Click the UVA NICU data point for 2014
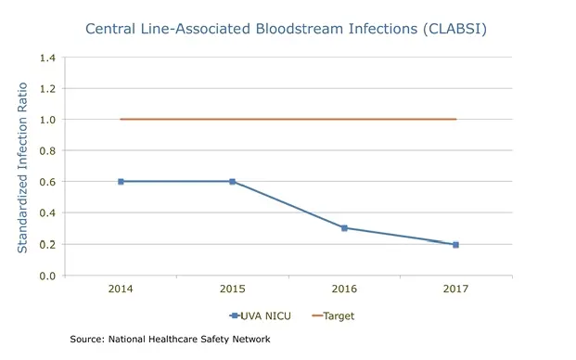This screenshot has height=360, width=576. pyautogui.click(x=121, y=182)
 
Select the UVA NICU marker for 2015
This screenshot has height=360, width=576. pyautogui.click(x=232, y=182)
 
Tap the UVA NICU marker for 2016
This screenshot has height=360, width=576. pyautogui.click(x=344, y=228)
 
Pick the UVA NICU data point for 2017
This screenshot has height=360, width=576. pyautogui.click(x=455, y=245)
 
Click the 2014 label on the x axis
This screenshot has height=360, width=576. pyautogui.click(x=121, y=289)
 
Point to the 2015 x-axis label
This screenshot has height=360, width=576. pyautogui.click(x=232, y=289)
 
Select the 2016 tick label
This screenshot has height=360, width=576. pyautogui.click(x=344, y=289)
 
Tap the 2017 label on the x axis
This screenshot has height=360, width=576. pyautogui.click(x=455, y=289)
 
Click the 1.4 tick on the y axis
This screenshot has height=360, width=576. pyautogui.click(x=46, y=58)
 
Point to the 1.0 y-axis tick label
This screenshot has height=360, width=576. pyautogui.click(x=46, y=120)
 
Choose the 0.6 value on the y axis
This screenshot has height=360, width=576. pyautogui.click(x=46, y=182)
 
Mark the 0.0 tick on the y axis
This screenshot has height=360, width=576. pyautogui.click(x=46, y=276)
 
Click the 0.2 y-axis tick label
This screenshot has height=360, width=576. pyautogui.click(x=46, y=245)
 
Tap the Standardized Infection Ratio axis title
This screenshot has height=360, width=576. pyautogui.click(x=21, y=167)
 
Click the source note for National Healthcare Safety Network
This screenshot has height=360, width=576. pyautogui.click(x=170, y=340)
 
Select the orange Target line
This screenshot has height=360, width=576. pyautogui.click(x=288, y=119)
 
